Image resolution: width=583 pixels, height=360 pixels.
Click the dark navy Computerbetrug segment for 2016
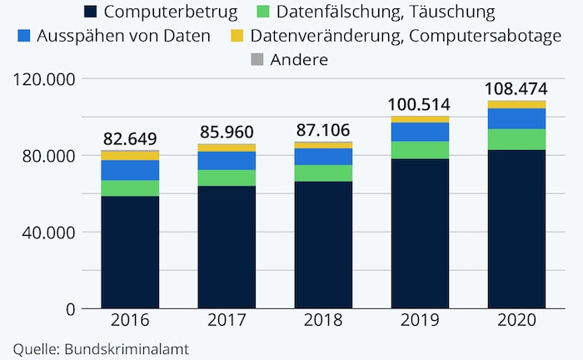point(130,252)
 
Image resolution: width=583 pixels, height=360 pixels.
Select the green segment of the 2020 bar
point(516,140)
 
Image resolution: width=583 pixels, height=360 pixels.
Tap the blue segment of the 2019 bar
point(420,132)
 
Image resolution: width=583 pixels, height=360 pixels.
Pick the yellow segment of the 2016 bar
point(130,155)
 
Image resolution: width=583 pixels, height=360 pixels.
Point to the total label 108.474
point(516,87)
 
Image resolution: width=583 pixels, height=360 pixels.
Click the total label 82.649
point(130,138)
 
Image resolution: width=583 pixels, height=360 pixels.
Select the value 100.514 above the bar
point(420,104)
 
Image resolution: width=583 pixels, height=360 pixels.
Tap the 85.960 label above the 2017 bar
point(227,131)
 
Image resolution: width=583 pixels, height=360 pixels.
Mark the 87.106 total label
point(323,129)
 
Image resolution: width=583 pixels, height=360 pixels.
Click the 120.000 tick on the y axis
point(44,80)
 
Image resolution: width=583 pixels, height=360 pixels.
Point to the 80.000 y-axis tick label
point(48,156)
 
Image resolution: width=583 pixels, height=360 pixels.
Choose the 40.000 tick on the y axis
point(48,232)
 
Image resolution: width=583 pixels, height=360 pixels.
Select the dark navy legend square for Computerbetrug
point(91,12)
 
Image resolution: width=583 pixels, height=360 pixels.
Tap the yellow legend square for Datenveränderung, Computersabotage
point(237,37)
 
